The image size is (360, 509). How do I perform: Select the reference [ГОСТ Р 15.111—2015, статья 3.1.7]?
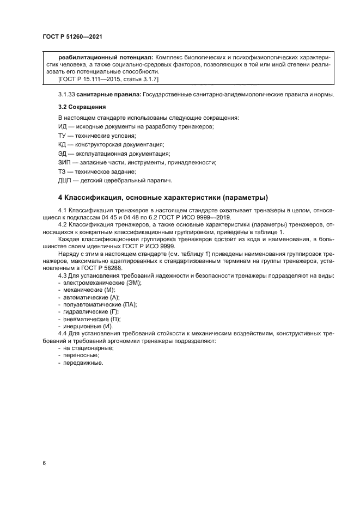[x=108, y=79]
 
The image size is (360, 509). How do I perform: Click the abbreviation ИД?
[x=62, y=126]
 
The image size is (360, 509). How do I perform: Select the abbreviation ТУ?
[x=62, y=136]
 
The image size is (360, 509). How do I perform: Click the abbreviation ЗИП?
[x=64, y=162]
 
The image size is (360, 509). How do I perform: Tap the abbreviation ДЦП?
[x=65, y=180]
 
